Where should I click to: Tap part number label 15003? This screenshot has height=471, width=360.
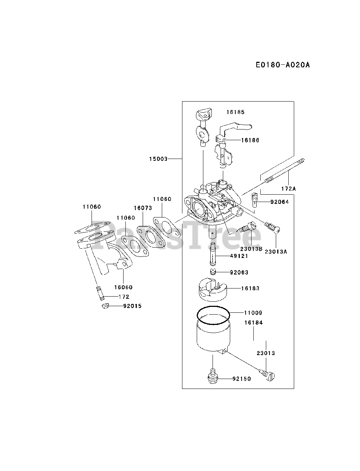(158, 159)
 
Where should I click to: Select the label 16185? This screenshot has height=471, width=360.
(235, 112)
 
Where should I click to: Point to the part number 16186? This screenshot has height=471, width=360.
(250, 140)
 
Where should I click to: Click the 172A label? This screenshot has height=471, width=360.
(288, 188)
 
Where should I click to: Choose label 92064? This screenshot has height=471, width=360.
(279, 202)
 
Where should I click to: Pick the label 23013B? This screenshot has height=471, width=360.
(251, 248)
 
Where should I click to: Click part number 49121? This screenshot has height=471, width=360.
(239, 256)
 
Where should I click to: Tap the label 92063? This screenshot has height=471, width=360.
(239, 272)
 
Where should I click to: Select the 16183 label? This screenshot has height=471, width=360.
(250, 288)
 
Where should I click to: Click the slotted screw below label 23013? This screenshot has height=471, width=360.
(270, 376)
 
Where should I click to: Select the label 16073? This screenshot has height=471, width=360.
(143, 208)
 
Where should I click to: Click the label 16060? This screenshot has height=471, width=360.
(123, 287)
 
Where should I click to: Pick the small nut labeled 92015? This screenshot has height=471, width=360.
(105, 306)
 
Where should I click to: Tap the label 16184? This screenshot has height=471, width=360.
(254, 323)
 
